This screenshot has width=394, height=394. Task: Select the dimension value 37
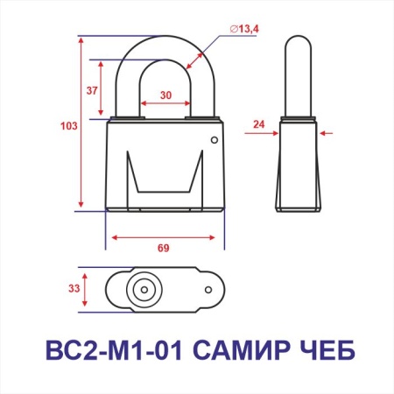(x=92, y=89)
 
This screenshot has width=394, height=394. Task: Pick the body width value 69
(x=163, y=249)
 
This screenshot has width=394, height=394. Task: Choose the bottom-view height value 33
(x=74, y=286)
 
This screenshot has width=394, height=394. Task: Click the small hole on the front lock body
(x=213, y=140)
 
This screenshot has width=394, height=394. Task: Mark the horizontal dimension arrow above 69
(x=163, y=236)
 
